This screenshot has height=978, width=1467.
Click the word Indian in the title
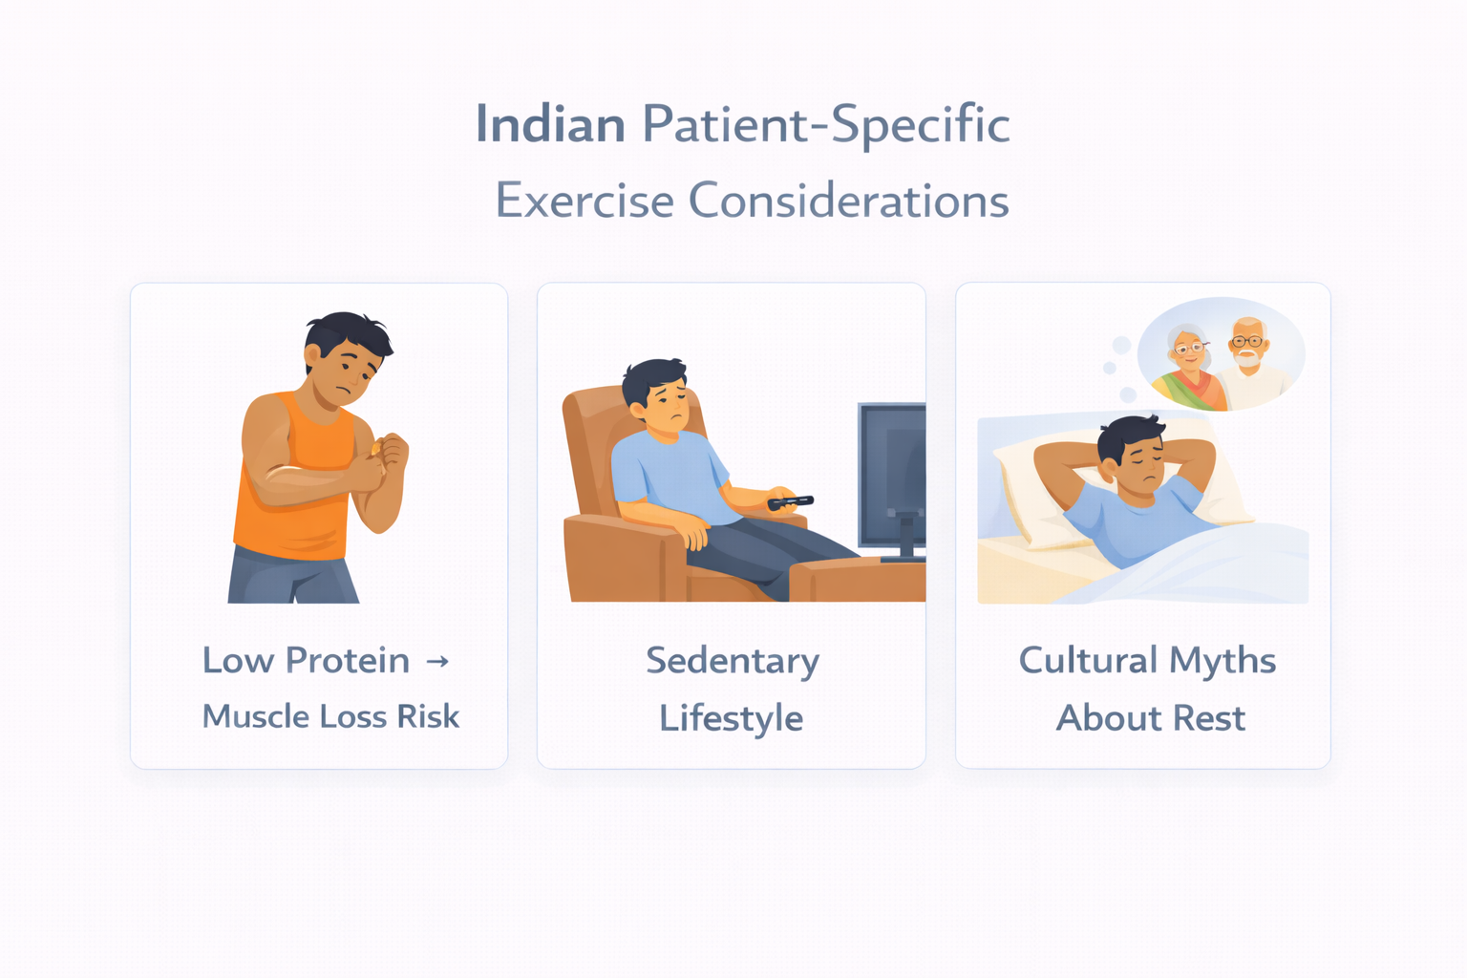[x=550, y=124]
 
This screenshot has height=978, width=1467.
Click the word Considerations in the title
[x=848, y=201]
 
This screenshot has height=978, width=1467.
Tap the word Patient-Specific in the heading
[x=825, y=124]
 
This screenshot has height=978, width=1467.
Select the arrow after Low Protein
[x=437, y=661]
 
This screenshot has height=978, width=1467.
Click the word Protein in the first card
[x=348, y=660]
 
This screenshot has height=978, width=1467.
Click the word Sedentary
[x=733, y=661]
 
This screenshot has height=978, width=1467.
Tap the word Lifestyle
[x=732, y=718]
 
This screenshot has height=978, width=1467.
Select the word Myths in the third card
[x=1222, y=660]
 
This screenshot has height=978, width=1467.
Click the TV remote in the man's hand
[x=791, y=501]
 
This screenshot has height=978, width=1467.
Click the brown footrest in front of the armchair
[x=855, y=581]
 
